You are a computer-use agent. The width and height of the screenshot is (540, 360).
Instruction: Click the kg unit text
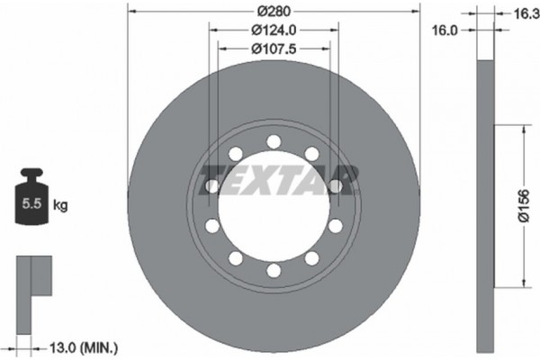(x=60, y=206)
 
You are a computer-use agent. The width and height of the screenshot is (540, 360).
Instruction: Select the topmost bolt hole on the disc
(x=273, y=141)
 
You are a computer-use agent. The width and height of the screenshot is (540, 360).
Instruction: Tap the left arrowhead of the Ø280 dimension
(x=131, y=11)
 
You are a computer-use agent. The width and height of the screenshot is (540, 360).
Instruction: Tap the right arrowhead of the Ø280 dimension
(x=417, y=11)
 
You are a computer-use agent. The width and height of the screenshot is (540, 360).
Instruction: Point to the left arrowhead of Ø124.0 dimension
(x=214, y=29)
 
